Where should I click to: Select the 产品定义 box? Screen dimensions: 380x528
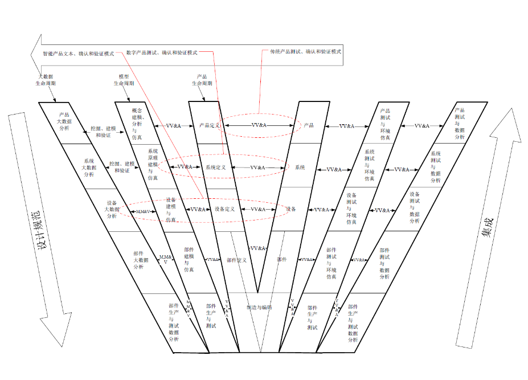click(204, 125)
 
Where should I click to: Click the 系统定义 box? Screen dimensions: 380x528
click(216, 167)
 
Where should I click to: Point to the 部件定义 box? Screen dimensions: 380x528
click(236, 260)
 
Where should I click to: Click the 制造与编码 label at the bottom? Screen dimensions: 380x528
click(259, 307)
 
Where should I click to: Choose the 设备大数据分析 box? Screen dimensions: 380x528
click(111, 209)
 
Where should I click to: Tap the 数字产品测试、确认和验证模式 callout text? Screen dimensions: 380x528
click(162, 52)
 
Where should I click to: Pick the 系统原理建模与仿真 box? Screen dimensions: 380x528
click(153, 165)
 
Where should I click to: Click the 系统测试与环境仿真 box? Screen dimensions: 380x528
click(369, 165)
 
